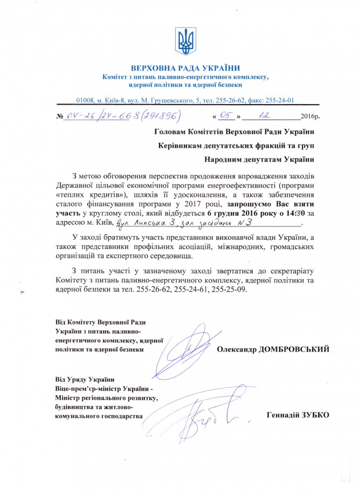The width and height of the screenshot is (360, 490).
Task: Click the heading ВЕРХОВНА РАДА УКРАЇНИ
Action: [186, 67]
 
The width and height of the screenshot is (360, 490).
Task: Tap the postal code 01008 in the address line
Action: [86, 100]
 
